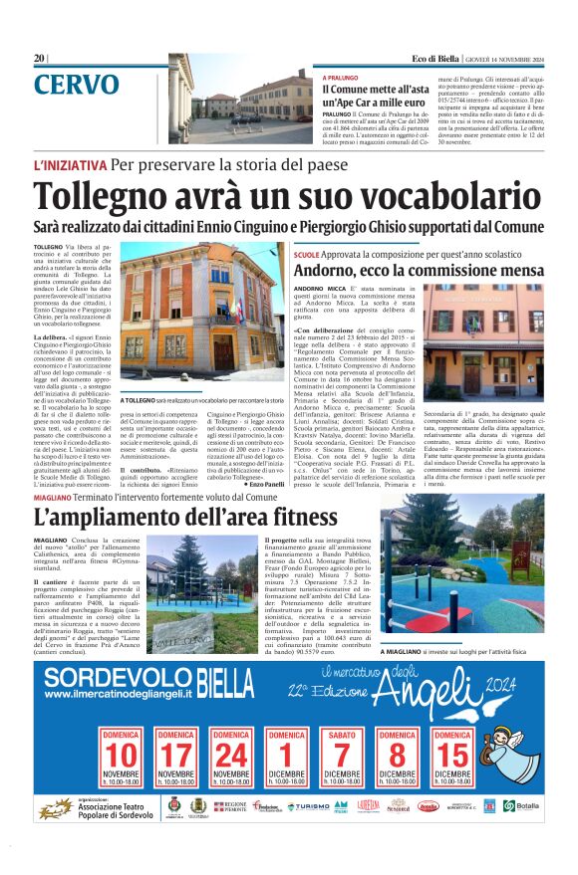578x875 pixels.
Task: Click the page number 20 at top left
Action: click(39, 58)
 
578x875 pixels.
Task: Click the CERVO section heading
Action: click(76, 85)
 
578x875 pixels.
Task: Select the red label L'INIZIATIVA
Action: click(70, 164)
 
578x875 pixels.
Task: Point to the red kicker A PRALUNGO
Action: click(342, 78)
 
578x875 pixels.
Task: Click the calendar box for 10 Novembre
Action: click(122, 761)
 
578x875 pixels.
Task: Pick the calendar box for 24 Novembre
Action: click(231, 761)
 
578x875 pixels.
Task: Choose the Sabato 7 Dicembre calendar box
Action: click(342, 761)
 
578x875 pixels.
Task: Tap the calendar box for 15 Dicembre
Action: click(451, 761)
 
